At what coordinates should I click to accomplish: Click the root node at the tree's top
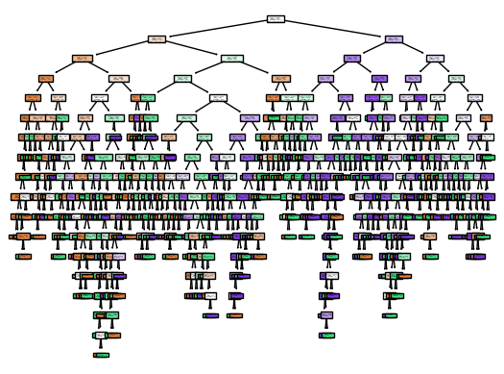[276, 18]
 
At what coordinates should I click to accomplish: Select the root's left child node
[157, 38]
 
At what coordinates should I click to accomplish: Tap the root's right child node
[394, 38]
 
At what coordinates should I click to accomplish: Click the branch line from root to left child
[216, 28]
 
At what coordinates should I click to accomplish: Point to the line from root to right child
[335, 28]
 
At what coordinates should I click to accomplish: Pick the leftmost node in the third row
[83, 59]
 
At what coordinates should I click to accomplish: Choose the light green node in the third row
[231, 59]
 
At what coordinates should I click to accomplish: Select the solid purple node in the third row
[352, 59]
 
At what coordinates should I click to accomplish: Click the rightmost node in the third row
[435, 59]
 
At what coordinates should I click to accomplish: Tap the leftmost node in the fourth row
[46, 78]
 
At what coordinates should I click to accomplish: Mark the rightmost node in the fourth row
[456, 78]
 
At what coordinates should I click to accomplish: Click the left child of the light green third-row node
[182, 78]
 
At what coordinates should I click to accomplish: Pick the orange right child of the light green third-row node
[280, 78]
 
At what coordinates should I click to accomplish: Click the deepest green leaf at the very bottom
[101, 355]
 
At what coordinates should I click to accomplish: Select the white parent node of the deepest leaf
[101, 336]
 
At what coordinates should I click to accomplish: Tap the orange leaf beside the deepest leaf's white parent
[112, 336]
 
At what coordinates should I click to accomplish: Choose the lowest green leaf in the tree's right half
[327, 336]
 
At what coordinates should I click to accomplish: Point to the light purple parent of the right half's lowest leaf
[327, 315]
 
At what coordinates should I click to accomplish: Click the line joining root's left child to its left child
[120, 48]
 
